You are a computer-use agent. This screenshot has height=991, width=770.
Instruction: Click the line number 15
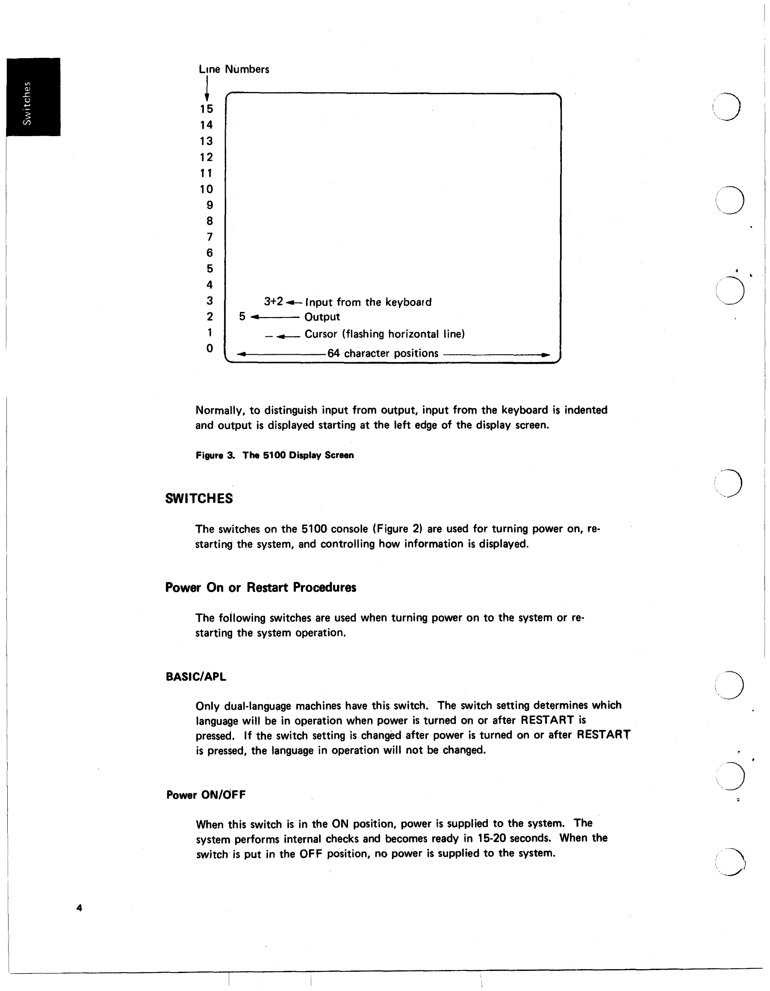coord(207,109)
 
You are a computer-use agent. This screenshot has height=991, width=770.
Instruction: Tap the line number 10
coord(207,189)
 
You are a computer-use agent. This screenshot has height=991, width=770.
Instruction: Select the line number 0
coord(209,348)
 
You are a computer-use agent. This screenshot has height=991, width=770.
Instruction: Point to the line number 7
coord(209,237)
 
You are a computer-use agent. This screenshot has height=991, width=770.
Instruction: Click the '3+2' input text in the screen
coord(274,301)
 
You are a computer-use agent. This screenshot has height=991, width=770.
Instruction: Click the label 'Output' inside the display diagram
coord(322,317)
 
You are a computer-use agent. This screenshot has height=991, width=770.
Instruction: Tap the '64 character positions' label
coord(383,353)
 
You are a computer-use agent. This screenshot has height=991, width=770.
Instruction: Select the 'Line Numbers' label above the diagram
coord(234,69)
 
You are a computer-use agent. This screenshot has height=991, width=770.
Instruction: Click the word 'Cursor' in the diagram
coord(321,334)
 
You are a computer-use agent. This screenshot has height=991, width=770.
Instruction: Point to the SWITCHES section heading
coord(199,498)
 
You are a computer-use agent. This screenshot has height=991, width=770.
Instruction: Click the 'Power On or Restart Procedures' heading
coord(261,587)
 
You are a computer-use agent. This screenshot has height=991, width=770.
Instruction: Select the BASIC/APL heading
coord(196,676)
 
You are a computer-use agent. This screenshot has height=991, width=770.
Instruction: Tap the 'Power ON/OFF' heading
coord(206,795)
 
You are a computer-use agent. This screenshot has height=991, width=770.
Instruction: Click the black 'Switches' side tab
coord(32,97)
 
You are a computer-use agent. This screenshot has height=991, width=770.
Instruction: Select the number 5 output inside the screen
coord(242,316)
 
